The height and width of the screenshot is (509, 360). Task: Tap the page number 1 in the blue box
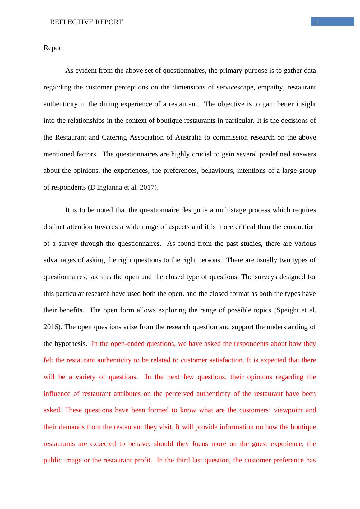[x=317, y=22]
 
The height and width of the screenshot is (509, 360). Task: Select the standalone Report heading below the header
[x=53, y=48]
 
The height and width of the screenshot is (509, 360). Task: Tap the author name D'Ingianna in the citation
[x=106, y=187]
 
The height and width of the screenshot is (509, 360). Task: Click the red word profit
[x=143, y=460]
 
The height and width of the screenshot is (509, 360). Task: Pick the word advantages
[x=59, y=260]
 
